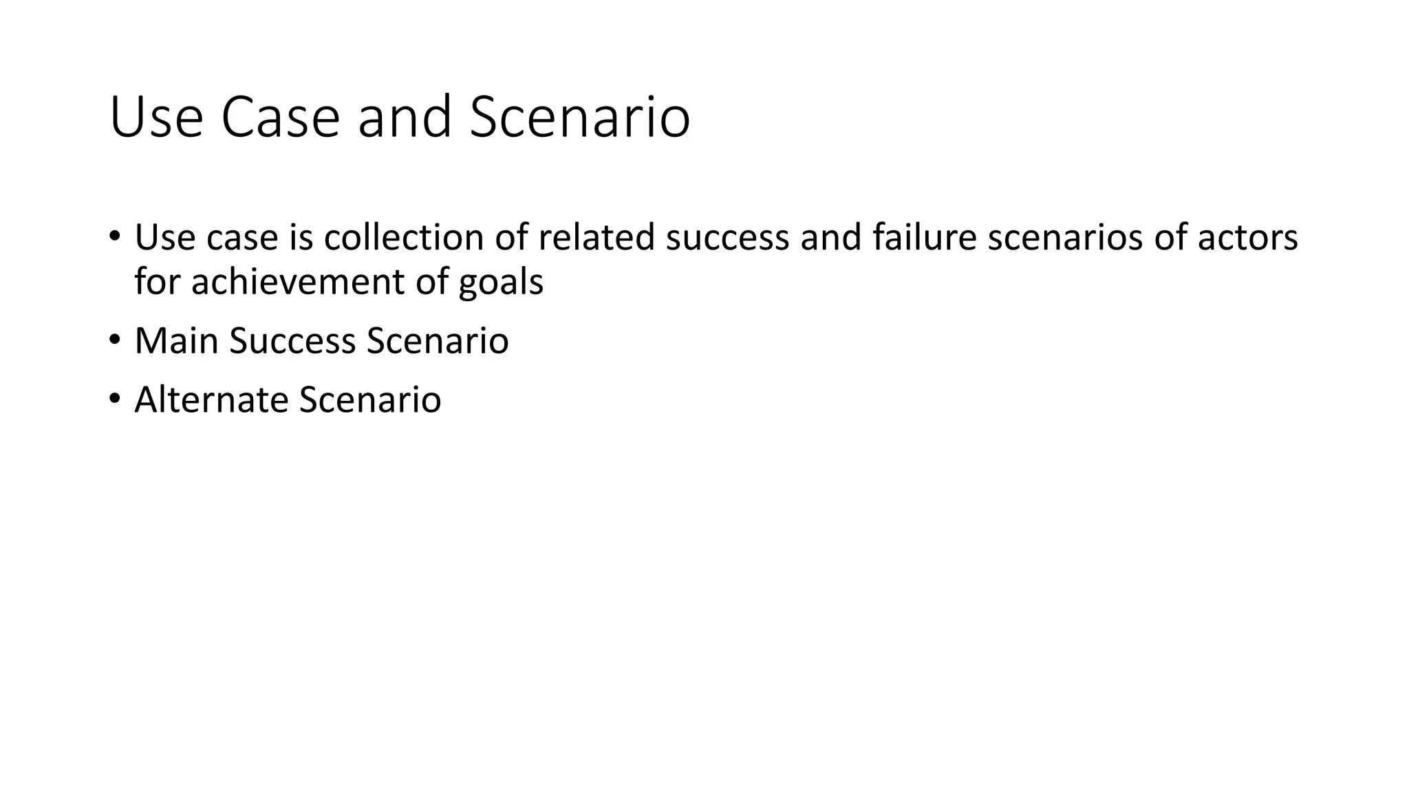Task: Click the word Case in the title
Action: [280, 118]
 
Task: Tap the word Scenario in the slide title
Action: [579, 118]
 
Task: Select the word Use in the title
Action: [156, 118]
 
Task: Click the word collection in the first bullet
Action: [404, 238]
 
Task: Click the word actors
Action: [1247, 238]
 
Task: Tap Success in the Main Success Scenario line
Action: [292, 341]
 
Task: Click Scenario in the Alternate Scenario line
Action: [370, 400]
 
